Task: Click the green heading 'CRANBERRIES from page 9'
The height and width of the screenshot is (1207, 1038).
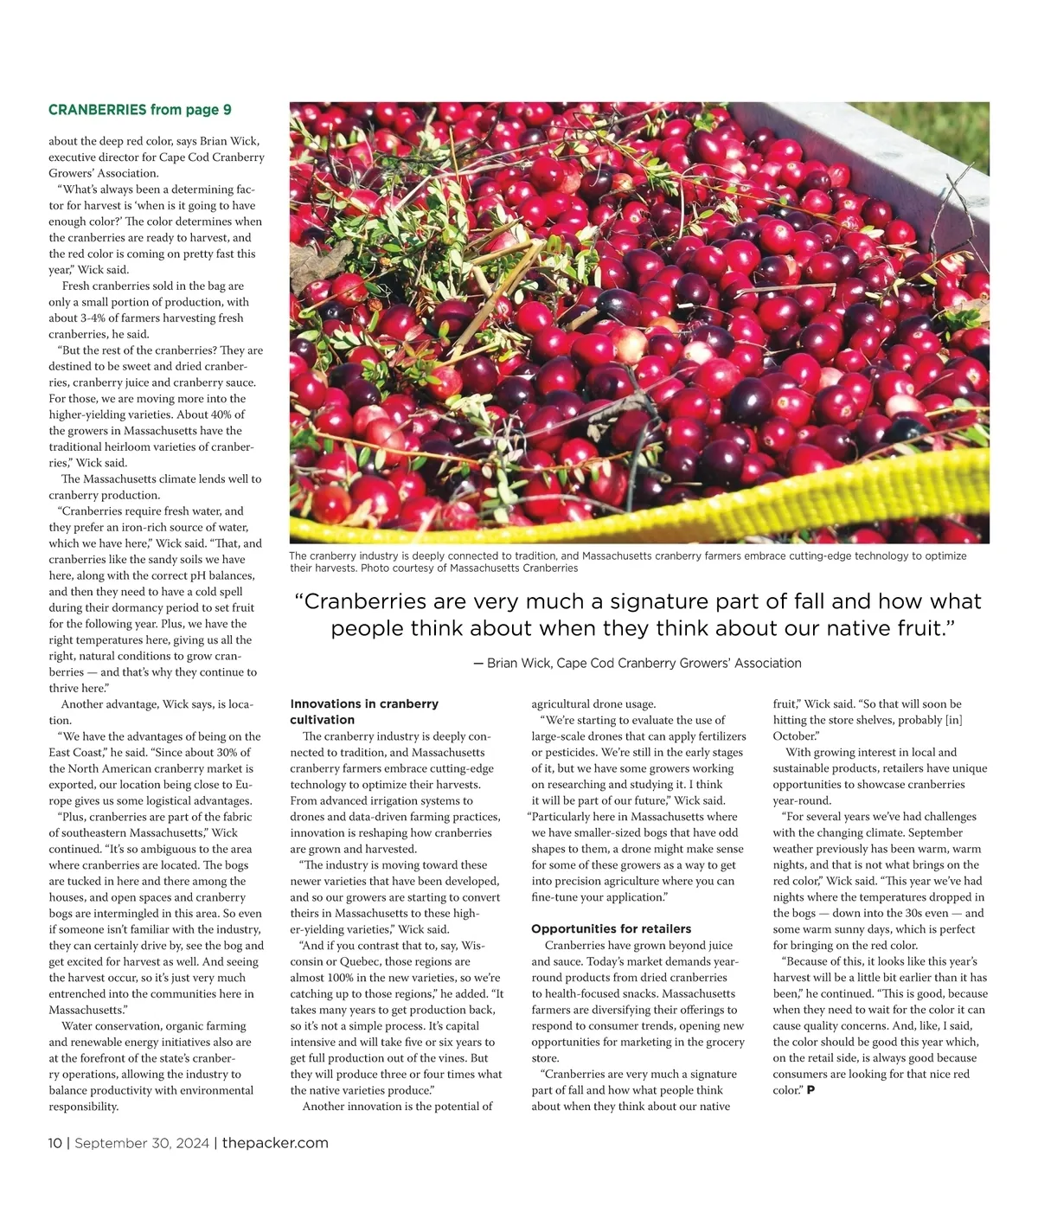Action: click(140, 110)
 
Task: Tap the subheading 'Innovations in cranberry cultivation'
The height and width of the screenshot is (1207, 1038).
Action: click(364, 711)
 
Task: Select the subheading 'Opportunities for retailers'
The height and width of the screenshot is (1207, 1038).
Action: click(611, 928)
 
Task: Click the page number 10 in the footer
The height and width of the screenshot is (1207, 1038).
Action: click(54, 1143)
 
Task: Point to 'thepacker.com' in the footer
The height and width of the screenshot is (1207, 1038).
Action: click(275, 1143)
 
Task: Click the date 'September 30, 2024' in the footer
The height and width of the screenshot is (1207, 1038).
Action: click(142, 1143)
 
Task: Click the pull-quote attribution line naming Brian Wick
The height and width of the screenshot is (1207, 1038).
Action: click(638, 663)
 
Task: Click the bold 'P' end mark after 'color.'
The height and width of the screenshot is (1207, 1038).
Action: click(811, 1090)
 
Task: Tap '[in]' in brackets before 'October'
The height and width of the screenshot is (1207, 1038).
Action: click(953, 720)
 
